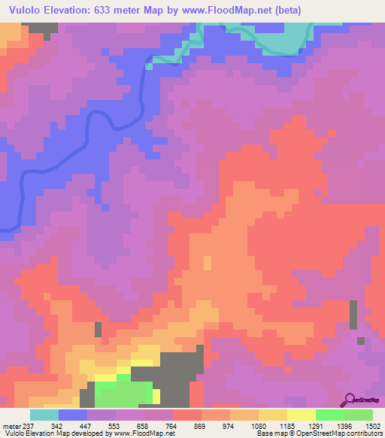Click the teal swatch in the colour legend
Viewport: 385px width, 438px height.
[44, 415]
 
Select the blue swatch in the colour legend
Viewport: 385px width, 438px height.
[72, 415]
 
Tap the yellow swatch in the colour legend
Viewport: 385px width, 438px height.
[301, 415]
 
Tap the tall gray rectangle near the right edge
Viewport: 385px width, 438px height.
[353, 315]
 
